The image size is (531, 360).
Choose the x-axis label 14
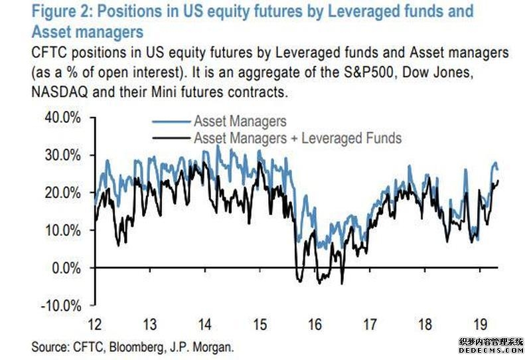pyautogui.click(x=206, y=325)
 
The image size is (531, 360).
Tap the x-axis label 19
pyautogui.click(x=480, y=325)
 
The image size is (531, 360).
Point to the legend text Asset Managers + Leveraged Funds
pyautogui.click(x=297, y=138)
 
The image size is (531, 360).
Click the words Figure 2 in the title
pyautogui.click(x=63, y=11)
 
